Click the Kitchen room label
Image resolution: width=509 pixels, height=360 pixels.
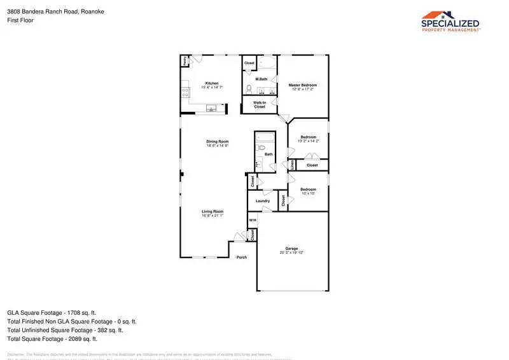click(x=212, y=83)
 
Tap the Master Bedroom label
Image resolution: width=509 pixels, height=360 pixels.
click(x=303, y=85)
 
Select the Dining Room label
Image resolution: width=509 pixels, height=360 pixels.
click(x=217, y=141)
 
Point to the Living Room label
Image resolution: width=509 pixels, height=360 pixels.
click(x=213, y=211)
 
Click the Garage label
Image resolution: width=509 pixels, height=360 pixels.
click(x=291, y=248)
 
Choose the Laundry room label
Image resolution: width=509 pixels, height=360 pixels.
click(x=262, y=201)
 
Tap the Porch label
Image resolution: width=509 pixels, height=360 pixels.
click(x=242, y=257)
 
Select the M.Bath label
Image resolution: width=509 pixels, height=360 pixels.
click(x=260, y=79)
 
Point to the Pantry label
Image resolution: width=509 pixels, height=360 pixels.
click(x=185, y=61)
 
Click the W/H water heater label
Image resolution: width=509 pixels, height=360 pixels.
click(x=252, y=220)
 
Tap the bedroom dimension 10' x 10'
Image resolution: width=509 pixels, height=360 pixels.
click(x=308, y=193)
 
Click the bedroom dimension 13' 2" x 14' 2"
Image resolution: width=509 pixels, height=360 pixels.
click(x=309, y=141)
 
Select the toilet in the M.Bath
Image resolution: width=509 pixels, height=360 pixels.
click(x=249, y=88)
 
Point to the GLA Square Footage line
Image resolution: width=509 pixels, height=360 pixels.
click(x=52, y=312)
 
